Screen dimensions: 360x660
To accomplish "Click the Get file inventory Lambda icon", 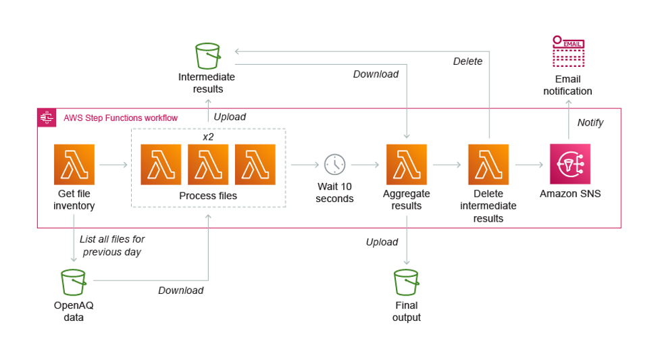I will (x=74, y=164).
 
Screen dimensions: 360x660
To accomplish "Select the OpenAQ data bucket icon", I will (x=73, y=282).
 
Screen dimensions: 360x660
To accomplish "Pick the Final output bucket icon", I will (x=406, y=282).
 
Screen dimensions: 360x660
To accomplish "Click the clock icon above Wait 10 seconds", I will (x=334, y=164).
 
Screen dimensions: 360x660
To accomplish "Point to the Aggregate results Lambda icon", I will (x=406, y=164).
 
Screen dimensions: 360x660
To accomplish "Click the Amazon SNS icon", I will (x=570, y=164).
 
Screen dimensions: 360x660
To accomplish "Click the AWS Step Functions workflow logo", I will (x=47, y=118).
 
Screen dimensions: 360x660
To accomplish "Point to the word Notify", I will (x=590, y=122).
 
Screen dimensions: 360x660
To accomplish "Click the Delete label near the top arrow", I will (x=467, y=61).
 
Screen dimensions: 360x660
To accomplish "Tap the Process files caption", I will (x=208, y=196).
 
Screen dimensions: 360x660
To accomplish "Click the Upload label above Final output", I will (x=382, y=242).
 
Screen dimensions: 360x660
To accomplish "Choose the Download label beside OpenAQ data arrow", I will (x=180, y=290).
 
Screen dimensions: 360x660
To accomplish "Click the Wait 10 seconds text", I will (x=334, y=192).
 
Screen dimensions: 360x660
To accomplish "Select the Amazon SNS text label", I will (x=570, y=194).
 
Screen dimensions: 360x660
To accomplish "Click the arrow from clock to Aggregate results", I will (x=365, y=164).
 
